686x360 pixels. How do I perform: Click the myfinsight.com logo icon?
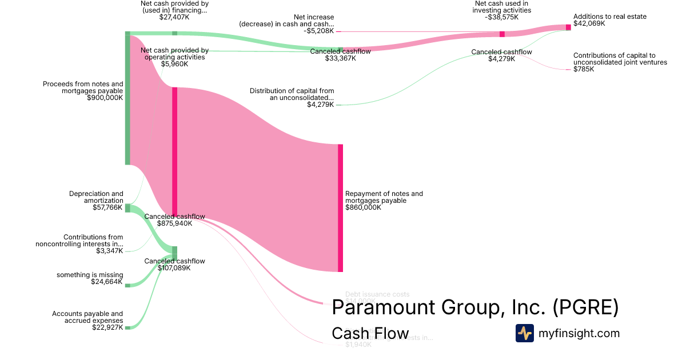coord(524,333)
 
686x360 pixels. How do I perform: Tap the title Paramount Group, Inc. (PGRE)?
coord(475,307)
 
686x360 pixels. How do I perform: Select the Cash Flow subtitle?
coord(370,333)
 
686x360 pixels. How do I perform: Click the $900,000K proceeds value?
coord(105,98)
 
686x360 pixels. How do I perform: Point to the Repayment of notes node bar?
coord(340,208)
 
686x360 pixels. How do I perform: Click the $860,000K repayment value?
coord(363,207)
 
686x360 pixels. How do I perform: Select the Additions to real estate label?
coord(610,17)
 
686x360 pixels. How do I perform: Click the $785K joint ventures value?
coord(584,69)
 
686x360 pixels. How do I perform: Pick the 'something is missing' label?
coord(90,275)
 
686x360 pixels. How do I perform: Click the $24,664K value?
coord(107,282)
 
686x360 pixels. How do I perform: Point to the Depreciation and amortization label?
coord(96,197)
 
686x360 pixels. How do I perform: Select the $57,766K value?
coord(107,207)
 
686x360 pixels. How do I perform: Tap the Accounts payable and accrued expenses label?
coord(87,317)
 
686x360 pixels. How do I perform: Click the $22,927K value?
coord(107,327)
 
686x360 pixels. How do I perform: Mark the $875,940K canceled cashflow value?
coord(174,223)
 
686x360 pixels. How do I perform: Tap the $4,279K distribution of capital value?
coord(320,105)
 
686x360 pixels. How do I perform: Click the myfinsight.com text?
coord(579,333)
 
